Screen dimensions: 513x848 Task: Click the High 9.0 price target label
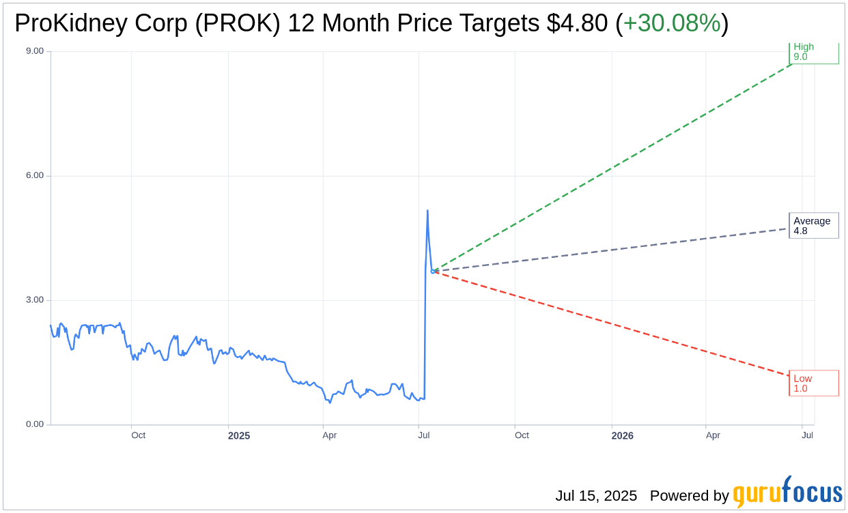[813, 53]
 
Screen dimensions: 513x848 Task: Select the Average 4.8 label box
[813, 226]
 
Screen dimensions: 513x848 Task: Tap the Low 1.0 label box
[813, 383]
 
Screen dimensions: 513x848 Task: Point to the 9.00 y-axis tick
[34, 51]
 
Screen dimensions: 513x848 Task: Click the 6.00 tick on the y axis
[34, 175]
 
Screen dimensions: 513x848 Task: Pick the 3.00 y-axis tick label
[34, 300]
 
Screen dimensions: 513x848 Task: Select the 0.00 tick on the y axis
[34, 424]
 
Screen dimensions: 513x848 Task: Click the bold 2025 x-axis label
[239, 436]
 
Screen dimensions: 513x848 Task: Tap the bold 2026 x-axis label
[622, 436]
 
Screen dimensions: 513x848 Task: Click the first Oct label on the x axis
[138, 435]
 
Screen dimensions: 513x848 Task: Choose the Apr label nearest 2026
[713, 435]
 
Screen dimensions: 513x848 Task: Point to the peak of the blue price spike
[427, 211]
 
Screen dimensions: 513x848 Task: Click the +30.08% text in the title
[672, 23]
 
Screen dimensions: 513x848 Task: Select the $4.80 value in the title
[577, 23]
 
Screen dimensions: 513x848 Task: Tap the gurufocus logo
[787, 493]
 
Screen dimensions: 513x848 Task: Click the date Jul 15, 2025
[596, 496]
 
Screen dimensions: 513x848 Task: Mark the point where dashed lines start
[433, 272]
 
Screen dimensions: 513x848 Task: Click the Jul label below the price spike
[424, 435]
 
